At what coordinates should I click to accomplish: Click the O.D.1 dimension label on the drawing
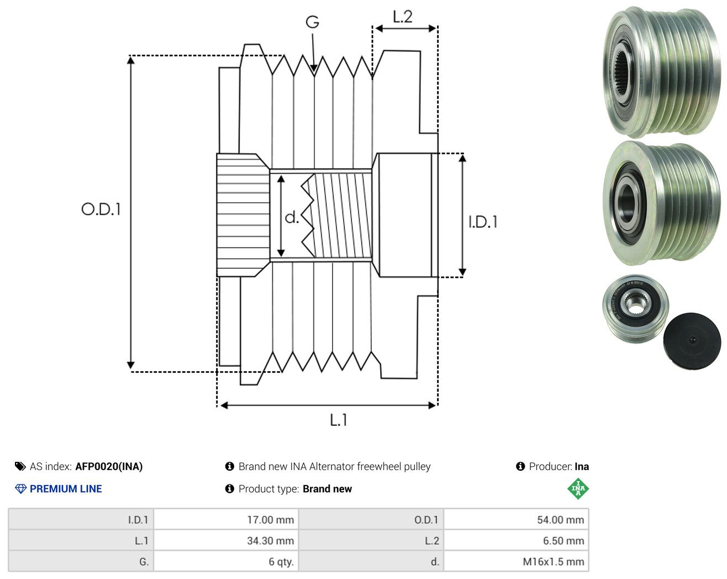101,209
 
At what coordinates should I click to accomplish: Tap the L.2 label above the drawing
402,17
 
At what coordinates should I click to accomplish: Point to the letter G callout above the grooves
313,22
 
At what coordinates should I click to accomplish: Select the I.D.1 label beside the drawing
483,222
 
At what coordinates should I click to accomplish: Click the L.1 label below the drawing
339,420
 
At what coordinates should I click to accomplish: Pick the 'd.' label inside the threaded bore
292,217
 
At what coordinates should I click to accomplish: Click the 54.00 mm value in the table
561,519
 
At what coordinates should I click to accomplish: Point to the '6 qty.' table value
281,561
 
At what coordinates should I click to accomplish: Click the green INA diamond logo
578,488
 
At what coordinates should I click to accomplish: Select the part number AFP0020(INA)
109,466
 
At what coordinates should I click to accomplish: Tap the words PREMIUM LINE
66,489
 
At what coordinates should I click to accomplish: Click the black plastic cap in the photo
692,340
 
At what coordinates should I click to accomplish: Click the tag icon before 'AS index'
20,466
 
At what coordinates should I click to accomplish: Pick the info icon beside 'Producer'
520,466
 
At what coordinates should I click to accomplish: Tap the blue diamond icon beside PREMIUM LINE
20,489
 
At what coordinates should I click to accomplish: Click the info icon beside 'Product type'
229,489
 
